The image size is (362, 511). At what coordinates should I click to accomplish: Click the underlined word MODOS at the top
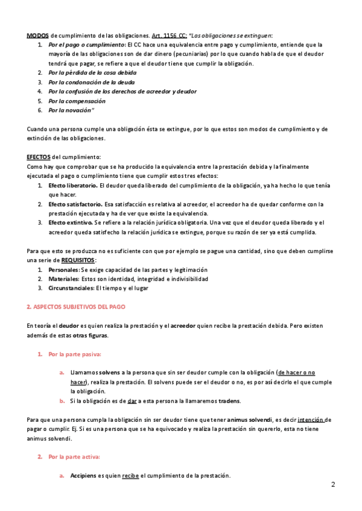click(x=38, y=36)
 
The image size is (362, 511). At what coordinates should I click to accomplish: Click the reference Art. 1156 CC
click(x=169, y=36)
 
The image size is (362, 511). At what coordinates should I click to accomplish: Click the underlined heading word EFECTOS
click(x=39, y=157)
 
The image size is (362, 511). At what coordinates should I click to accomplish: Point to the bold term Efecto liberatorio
click(x=73, y=186)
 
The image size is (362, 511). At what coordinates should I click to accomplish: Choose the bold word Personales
click(x=63, y=270)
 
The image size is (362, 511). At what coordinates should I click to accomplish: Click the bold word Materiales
click(x=63, y=280)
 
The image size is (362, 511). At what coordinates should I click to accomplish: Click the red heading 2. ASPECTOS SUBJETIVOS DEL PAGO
click(x=76, y=307)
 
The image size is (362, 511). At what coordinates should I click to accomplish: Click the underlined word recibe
click(x=130, y=475)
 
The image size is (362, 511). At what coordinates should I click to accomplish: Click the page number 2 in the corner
click(x=333, y=484)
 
